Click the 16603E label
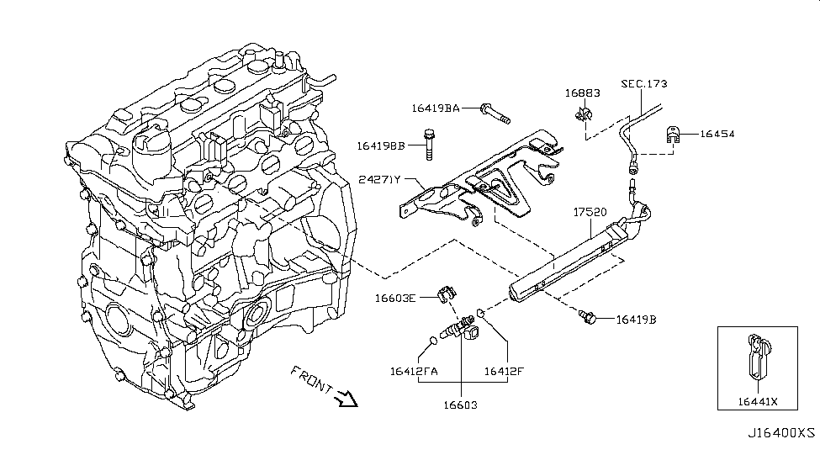click(x=397, y=298)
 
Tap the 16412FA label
click(x=413, y=369)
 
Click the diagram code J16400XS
click(x=781, y=432)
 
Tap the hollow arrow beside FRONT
click(x=346, y=399)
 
